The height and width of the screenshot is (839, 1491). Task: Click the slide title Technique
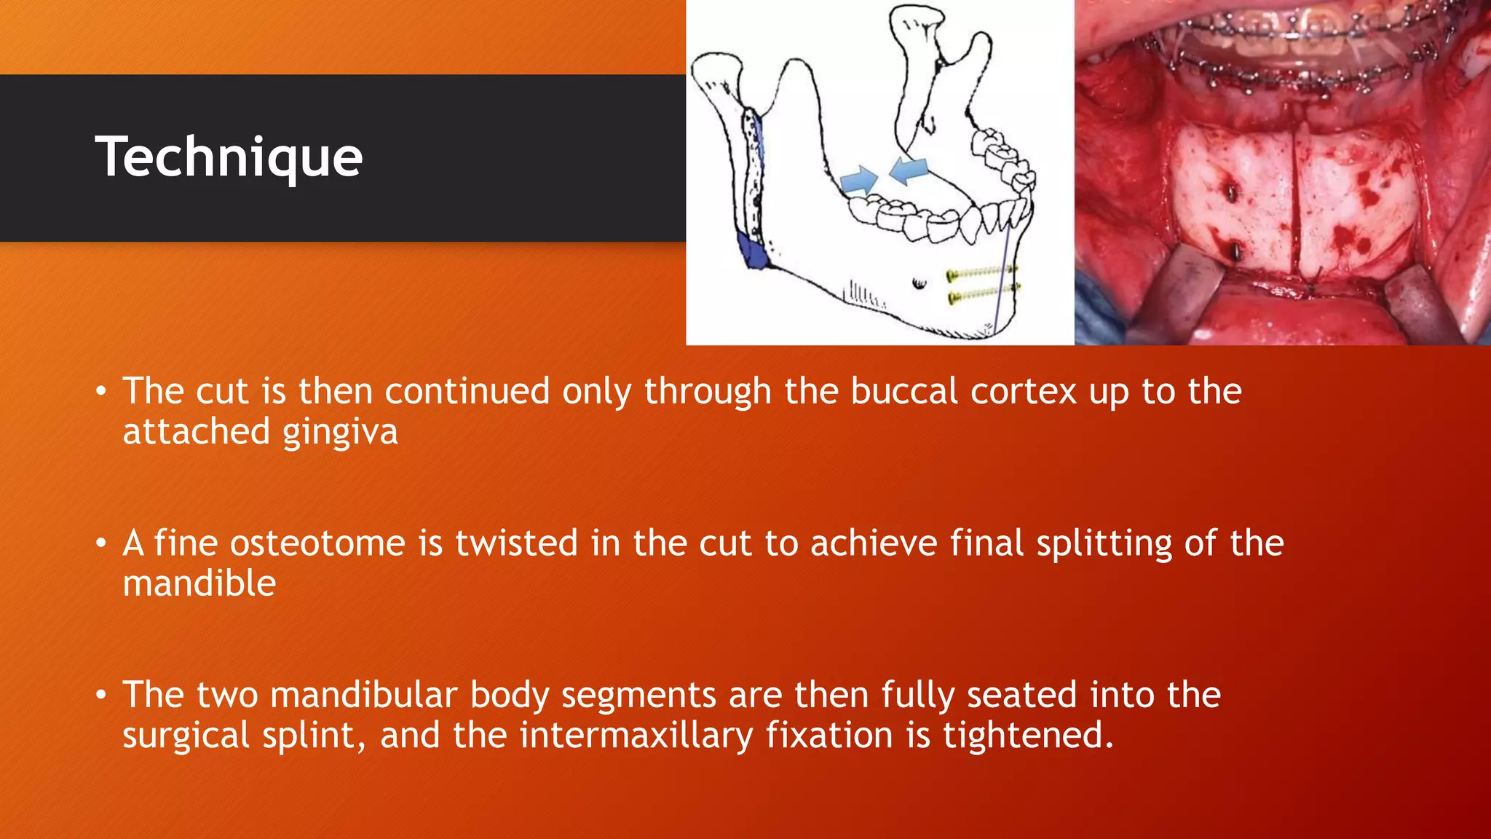(x=229, y=157)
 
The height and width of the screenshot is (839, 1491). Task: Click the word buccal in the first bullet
(x=903, y=392)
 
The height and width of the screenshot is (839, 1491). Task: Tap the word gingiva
(x=340, y=432)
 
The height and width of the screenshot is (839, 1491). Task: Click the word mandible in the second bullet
(x=199, y=584)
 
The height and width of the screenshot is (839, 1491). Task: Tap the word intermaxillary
(x=636, y=736)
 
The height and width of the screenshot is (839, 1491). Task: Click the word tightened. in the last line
(x=1028, y=736)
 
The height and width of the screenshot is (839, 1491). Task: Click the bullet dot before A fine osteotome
(x=101, y=544)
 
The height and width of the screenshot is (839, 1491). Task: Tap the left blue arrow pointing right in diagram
(x=859, y=179)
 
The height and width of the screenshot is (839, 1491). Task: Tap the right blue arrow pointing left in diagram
(x=909, y=170)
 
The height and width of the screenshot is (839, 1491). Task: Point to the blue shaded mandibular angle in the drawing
(x=753, y=252)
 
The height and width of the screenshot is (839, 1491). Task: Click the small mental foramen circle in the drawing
(x=919, y=283)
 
